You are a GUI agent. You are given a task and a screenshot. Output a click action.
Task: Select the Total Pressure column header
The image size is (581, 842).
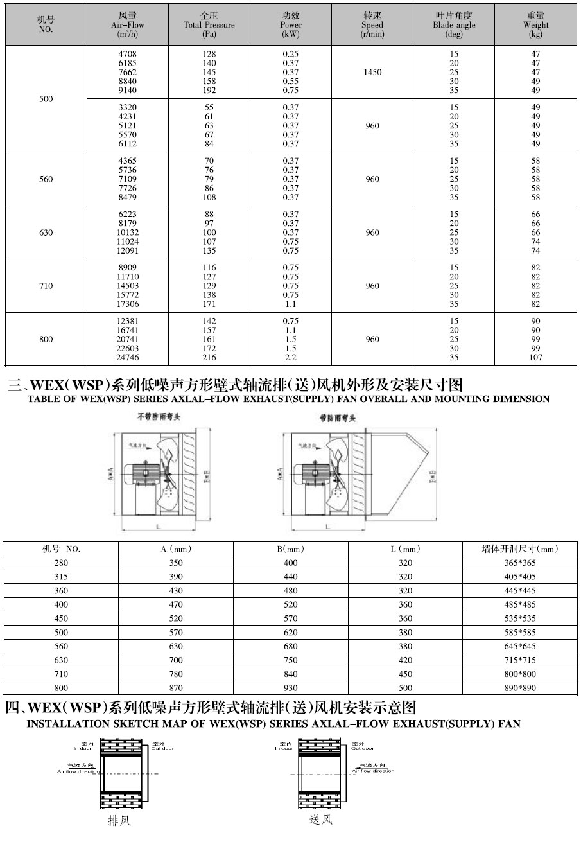[x=209, y=24]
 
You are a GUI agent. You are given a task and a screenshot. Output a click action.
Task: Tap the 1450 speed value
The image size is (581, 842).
[x=372, y=73]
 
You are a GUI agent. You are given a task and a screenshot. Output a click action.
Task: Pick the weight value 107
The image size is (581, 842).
[x=536, y=358]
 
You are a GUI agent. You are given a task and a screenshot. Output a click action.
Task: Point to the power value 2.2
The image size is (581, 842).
[x=291, y=358]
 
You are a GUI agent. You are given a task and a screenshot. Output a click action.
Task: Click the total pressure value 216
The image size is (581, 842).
[x=209, y=358]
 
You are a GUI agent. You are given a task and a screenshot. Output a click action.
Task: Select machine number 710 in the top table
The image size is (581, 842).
[x=46, y=286]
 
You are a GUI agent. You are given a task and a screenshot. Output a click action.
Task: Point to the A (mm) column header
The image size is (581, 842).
[x=176, y=549]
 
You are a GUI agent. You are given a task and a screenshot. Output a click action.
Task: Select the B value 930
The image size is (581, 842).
[x=291, y=688]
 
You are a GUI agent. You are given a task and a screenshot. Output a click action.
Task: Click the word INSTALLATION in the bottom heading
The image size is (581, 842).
[x=55, y=724]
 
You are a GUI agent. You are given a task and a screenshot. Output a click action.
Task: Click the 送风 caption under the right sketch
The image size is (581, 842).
[x=321, y=820]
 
